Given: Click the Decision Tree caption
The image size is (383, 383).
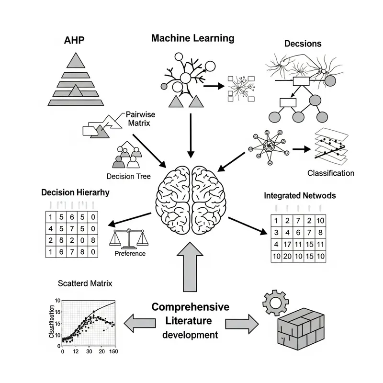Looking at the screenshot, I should (129, 176).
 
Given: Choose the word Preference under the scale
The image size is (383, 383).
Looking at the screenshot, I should (130, 253).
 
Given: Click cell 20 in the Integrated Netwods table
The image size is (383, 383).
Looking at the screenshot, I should (287, 257).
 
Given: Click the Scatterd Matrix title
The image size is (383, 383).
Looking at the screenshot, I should (84, 283).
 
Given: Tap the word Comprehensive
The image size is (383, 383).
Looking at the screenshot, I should (190, 307).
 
